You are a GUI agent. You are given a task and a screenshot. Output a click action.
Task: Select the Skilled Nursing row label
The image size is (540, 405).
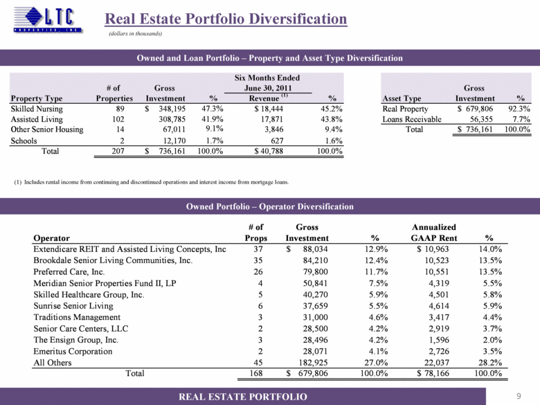pyautogui.click(x=36, y=109)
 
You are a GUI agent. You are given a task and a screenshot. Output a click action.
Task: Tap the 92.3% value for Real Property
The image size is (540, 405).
pyautogui.click(x=517, y=109)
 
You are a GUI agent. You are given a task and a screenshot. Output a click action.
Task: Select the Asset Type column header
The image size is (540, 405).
pyautogui.click(x=402, y=98)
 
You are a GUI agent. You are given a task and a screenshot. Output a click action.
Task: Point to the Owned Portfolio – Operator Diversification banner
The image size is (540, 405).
pyautogui.click(x=269, y=206)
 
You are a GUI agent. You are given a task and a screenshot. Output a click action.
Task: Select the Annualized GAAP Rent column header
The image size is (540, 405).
pyautogui.click(x=433, y=232)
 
